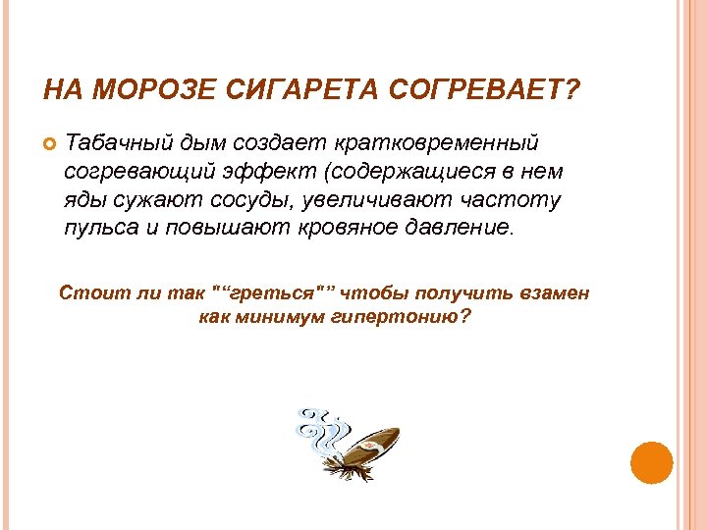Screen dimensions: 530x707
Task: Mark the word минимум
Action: pos(293,317)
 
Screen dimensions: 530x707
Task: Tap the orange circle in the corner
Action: pos(650,463)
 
